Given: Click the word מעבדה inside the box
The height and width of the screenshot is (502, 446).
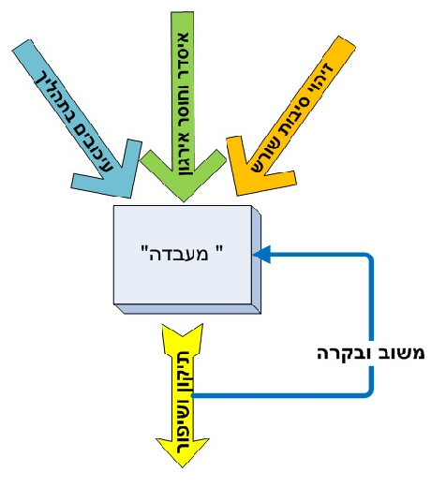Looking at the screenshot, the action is (x=179, y=254).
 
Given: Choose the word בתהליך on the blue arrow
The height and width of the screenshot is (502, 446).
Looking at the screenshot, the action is (x=58, y=96).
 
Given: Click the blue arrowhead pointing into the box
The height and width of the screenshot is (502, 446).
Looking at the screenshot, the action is (x=262, y=255).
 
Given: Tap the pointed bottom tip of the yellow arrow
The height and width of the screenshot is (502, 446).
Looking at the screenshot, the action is (x=183, y=467).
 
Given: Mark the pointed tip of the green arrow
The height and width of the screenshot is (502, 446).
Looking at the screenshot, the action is (x=184, y=201).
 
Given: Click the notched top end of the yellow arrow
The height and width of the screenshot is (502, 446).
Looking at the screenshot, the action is (x=183, y=336).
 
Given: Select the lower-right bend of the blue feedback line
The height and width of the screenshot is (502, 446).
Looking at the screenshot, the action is (x=370, y=393).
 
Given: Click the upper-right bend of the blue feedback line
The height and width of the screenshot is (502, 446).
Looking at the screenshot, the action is (x=370, y=257).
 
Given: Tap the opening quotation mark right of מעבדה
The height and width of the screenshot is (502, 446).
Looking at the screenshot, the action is (x=219, y=248).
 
